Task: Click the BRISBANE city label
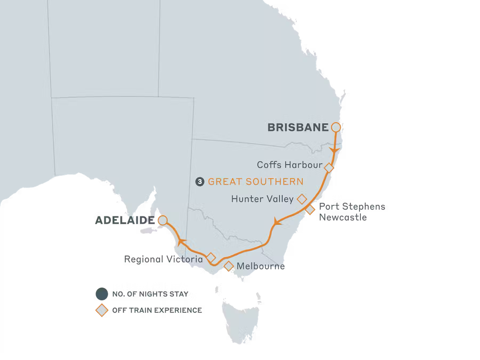coord(298,128)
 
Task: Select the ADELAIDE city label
coord(125,220)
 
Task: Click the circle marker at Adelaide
coord(163,220)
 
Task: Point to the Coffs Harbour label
coord(290,165)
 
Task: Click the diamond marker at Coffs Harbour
coord(329,168)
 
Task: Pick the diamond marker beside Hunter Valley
coord(302,198)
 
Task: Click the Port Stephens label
coord(352,207)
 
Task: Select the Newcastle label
coord(343,218)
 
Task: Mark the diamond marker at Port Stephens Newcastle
coord(310,210)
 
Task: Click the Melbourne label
coord(261,266)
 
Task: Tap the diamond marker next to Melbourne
coord(228,266)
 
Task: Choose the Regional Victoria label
coord(163,259)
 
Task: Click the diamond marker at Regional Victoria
coord(210,257)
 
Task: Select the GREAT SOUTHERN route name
coord(256,182)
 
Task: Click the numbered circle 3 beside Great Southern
coord(199,182)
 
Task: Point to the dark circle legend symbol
coord(102,294)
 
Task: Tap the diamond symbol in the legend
coord(102,310)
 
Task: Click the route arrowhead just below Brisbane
coord(334,152)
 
